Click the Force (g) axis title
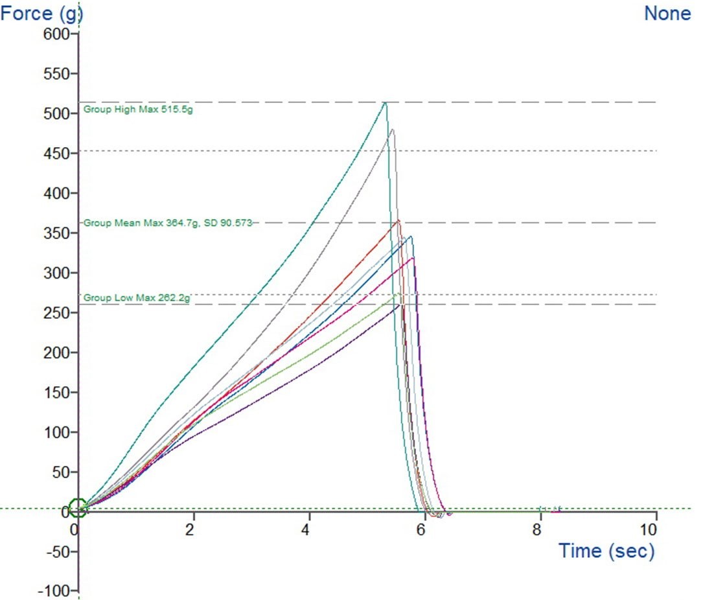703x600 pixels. click(41, 12)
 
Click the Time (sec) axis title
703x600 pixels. click(606, 551)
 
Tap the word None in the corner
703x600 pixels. click(667, 12)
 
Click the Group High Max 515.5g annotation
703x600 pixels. click(138, 110)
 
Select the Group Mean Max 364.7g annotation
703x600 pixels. click(167, 223)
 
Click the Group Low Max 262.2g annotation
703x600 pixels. click(137, 298)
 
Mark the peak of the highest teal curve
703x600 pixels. click(386, 102)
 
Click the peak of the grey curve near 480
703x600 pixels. click(392, 130)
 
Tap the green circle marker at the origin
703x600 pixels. click(77, 509)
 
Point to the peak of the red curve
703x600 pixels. click(398, 220)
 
